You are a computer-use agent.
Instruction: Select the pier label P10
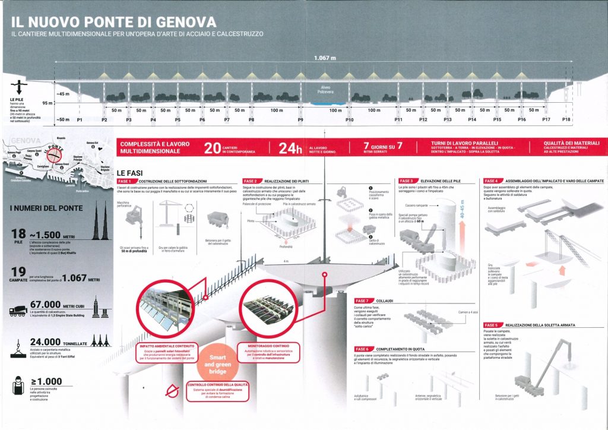pos(350,121)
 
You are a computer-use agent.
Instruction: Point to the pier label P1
pos(80,121)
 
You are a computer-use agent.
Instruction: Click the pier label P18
pos(566,121)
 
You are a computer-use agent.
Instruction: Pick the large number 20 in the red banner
pos(213,148)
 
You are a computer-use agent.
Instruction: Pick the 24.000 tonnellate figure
pos(53,343)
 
